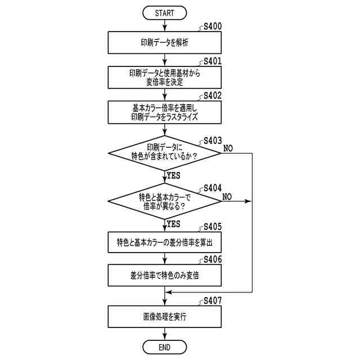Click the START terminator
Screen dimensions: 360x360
tap(164, 12)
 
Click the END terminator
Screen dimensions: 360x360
tap(164, 347)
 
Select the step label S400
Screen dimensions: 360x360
tap(212, 26)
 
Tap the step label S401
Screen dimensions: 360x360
tap(212, 60)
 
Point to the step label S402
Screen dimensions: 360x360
tap(212, 95)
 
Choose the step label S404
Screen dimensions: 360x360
tap(212, 187)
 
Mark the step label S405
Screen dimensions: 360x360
tap(212, 227)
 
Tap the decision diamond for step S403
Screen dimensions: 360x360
tap(164, 152)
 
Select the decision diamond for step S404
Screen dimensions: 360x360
tap(164, 201)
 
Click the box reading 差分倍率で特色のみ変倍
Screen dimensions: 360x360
tap(164, 276)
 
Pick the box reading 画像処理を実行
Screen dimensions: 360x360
tap(164, 317)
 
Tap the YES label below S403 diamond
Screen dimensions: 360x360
tap(173, 175)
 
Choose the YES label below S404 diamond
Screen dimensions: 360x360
tap(173, 224)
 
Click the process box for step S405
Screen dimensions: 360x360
tap(164, 242)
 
